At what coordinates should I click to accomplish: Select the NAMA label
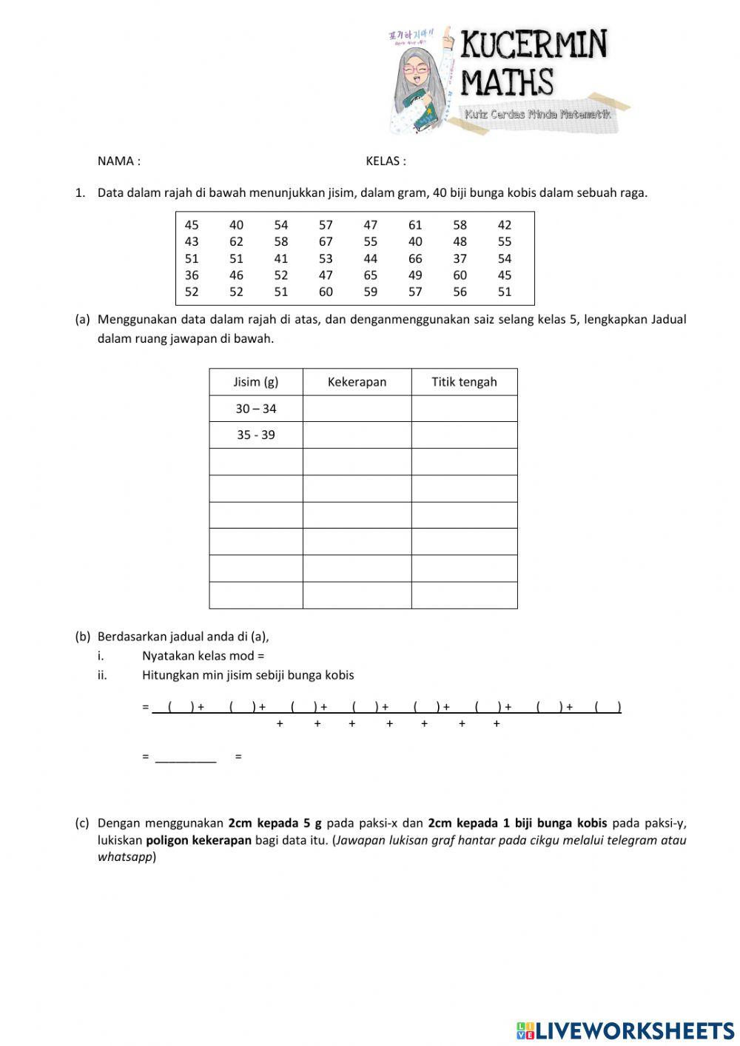(118, 161)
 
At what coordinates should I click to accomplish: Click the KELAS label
(386, 161)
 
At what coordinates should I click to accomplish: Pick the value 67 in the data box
(326, 241)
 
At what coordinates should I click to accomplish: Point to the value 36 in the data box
(192, 275)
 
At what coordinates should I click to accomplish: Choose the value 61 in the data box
(415, 225)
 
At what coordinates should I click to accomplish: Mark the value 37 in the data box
(460, 258)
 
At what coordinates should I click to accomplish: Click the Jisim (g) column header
(255, 382)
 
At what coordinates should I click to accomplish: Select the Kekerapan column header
(357, 382)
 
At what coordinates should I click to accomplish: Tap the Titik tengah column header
(464, 382)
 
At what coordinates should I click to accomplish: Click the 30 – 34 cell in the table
(255, 409)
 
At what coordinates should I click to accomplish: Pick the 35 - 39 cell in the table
(255, 435)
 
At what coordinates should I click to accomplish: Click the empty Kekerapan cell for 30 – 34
(357, 409)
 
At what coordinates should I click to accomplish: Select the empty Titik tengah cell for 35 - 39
(464, 435)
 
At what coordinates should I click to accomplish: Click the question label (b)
(82, 637)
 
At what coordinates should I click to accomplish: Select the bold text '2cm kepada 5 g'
(275, 823)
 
